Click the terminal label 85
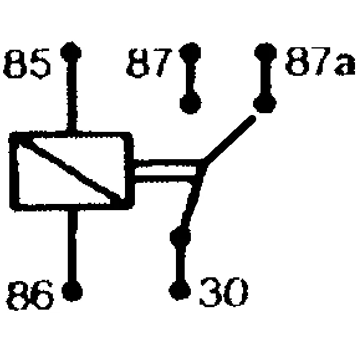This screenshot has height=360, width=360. pos(27,63)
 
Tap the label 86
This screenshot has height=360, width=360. pos(30,295)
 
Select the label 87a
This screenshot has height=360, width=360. pos(320,61)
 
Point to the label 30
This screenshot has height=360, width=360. pos(224,292)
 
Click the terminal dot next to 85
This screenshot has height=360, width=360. pos(71,52)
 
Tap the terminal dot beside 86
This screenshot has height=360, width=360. pos(72,291)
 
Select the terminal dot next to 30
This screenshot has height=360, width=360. pos(180,290)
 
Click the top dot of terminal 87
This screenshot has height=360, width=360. pos(190,53)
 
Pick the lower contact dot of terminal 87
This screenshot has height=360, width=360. pos(190,103)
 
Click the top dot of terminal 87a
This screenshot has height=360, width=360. pos(265,52)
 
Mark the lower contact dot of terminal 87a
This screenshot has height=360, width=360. pos(265,102)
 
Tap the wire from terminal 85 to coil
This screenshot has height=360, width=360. pos(72,97)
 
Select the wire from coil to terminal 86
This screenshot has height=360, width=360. pos(73,245)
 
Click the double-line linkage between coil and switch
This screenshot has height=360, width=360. pos(166,171)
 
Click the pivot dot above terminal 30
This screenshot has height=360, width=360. pos(180,237)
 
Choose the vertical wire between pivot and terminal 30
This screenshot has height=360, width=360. pos(180,264)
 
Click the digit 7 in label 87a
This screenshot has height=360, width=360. pos(323,61)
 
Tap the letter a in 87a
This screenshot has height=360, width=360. pos(344,65)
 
